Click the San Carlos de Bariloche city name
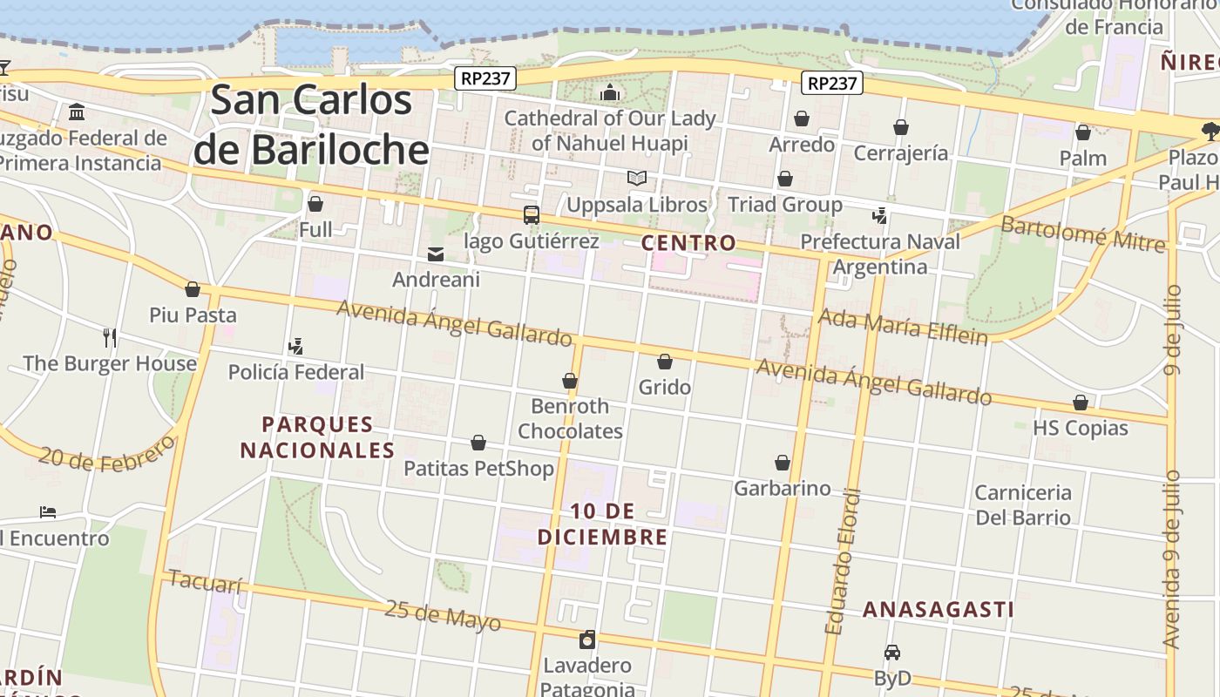[x=311, y=125]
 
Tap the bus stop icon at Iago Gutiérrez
[x=531, y=214]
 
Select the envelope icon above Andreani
[x=436, y=254]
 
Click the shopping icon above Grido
[x=665, y=362]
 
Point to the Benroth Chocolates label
[x=570, y=418]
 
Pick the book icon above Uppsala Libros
[x=637, y=179]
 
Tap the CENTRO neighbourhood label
[x=688, y=243]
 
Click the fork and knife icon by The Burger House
[x=110, y=337]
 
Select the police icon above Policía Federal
[x=295, y=346]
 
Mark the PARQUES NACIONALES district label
[x=317, y=437]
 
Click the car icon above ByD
[x=891, y=653]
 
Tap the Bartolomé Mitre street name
[x=1082, y=233]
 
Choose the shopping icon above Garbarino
[x=783, y=463]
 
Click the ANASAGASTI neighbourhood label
[x=938, y=610]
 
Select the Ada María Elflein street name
[x=903, y=327]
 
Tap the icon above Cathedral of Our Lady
[x=610, y=92]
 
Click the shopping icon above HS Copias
[x=1081, y=403]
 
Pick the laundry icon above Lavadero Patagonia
[x=587, y=639]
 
